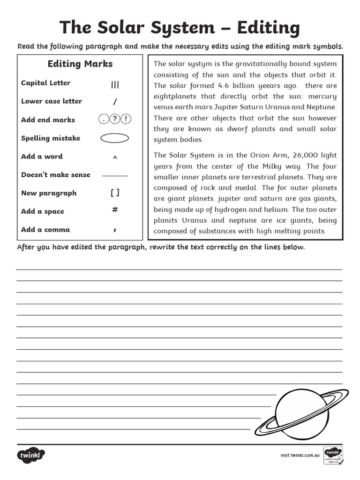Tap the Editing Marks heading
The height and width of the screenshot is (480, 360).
click(80, 64)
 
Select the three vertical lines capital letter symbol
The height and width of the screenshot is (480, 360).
click(115, 85)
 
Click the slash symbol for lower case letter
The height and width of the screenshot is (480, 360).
click(115, 102)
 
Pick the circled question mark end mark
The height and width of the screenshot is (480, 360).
click(115, 120)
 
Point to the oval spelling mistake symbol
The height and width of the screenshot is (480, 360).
click(115, 138)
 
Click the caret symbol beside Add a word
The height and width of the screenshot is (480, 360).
click(115, 157)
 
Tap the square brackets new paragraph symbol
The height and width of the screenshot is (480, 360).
click(115, 193)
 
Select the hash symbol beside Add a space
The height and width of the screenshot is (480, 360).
click(115, 210)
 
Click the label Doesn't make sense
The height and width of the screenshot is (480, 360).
click(55, 175)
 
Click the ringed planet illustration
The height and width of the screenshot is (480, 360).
click(302, 412)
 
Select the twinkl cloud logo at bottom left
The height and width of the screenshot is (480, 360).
click(31, 455)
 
